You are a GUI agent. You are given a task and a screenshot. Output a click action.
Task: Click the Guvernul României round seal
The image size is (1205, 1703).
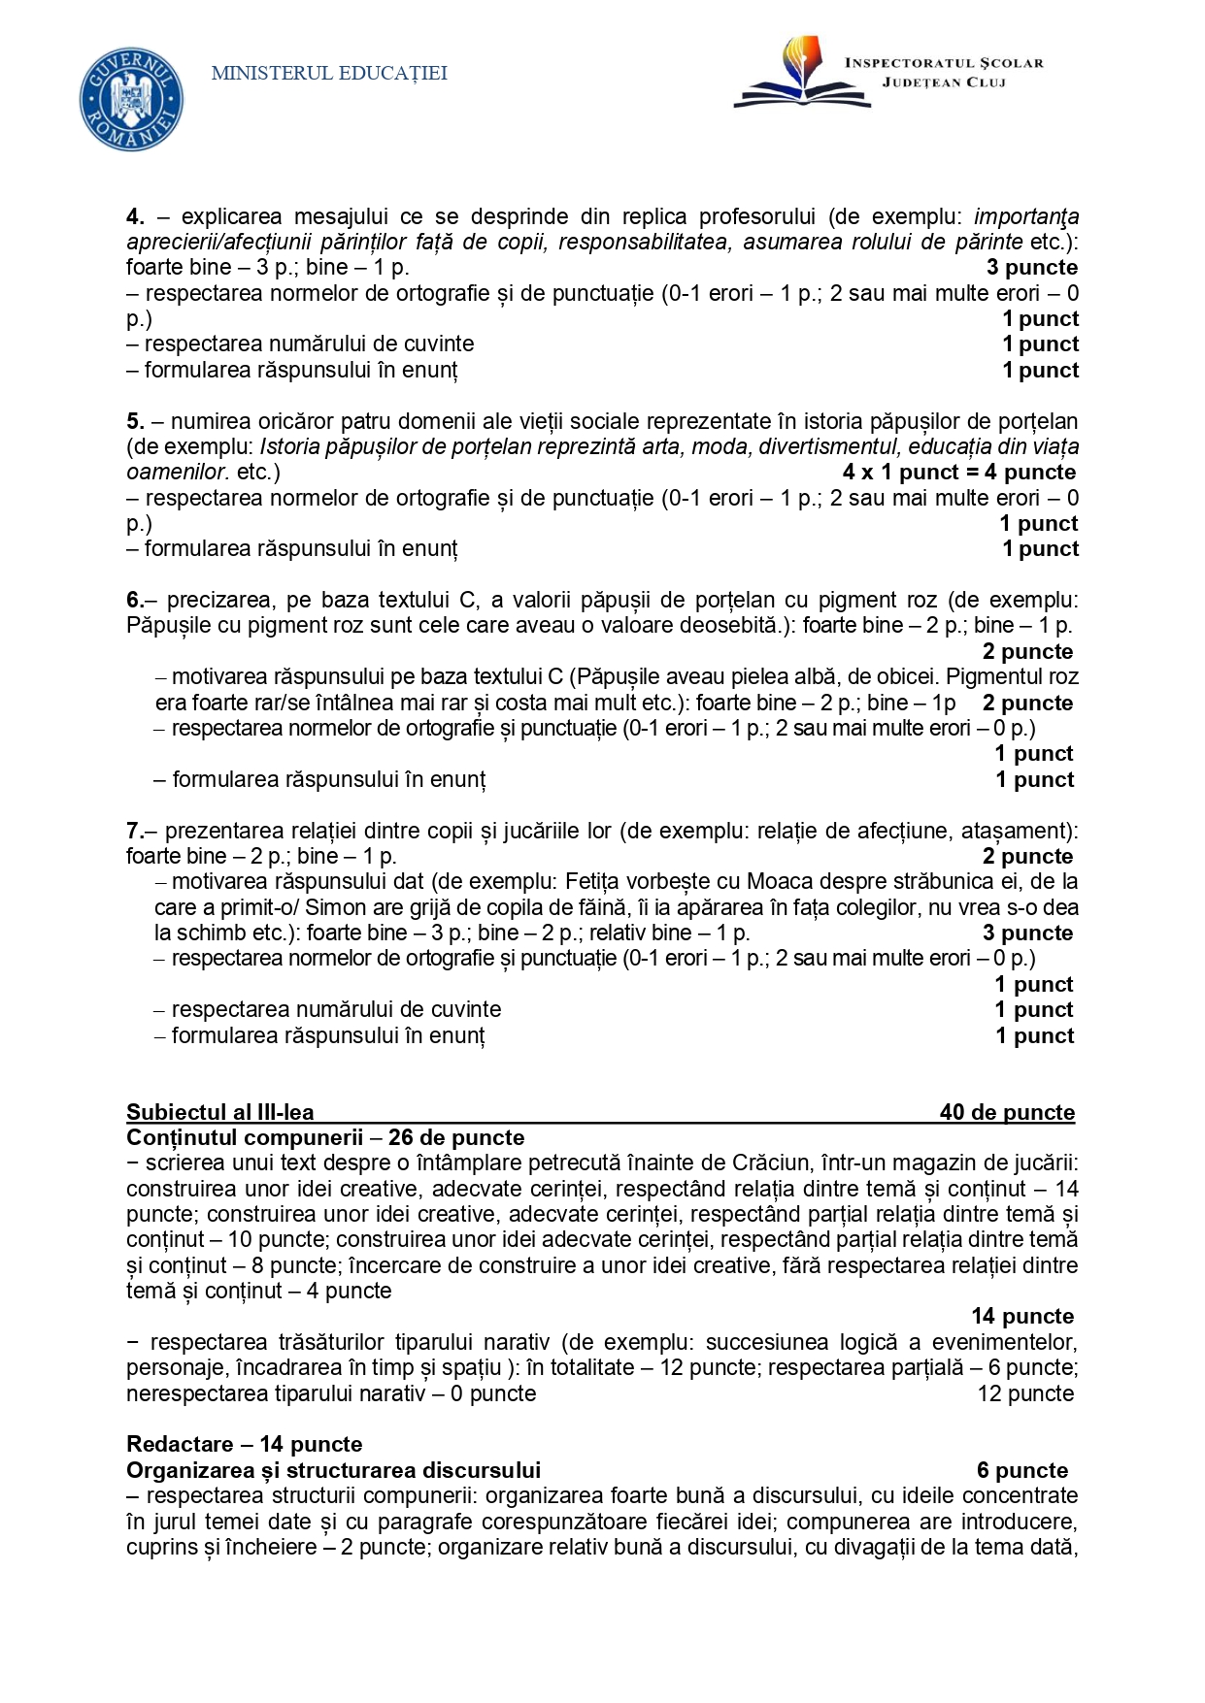point(131,99)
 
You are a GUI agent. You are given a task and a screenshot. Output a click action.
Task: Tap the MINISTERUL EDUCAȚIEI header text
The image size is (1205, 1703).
point(329,73)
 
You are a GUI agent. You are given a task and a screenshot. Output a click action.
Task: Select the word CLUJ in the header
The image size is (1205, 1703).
point(986,82)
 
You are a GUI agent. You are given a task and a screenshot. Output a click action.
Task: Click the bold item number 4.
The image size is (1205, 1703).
point(135,216)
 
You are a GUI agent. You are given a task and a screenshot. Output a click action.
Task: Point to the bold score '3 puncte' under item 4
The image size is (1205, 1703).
point(1032,268)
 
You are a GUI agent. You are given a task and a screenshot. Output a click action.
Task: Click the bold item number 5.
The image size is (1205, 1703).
point(135,421)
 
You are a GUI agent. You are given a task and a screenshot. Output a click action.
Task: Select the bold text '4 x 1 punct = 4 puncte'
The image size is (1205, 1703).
point(959,473)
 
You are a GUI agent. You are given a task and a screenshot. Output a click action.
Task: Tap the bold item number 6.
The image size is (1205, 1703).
point(134,600)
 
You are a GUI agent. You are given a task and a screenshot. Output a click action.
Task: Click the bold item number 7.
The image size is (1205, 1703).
point(134,831)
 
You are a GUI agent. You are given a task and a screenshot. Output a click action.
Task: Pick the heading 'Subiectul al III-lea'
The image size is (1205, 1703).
point(220,1112)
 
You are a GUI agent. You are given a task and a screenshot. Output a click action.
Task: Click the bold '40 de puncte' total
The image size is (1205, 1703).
point(1007,1112)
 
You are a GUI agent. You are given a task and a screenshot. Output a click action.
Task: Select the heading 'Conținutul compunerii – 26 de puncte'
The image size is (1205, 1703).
point(325,1137)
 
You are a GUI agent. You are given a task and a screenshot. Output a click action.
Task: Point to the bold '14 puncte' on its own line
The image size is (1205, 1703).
point(1022,1317)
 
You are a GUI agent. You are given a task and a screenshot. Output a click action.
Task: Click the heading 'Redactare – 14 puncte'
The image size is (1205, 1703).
point(244,1444)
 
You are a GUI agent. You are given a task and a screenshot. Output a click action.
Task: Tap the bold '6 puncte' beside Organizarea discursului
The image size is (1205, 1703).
point(1022,1470)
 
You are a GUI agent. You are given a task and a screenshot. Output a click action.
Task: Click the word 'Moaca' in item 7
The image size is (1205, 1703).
point(774,881)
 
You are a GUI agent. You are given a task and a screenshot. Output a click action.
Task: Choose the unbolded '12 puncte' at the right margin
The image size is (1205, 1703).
point(1025,1393)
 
